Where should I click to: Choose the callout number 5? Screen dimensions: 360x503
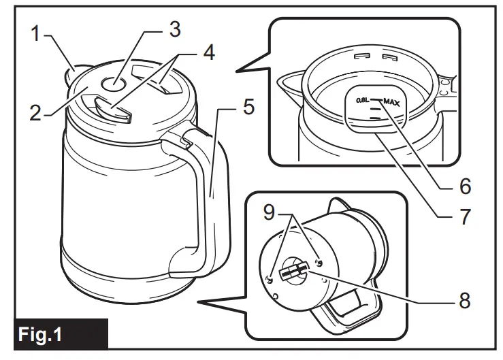coord(250,108)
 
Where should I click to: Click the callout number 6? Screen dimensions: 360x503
coord(465,185)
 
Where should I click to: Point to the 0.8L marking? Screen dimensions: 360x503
coord(363,101)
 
